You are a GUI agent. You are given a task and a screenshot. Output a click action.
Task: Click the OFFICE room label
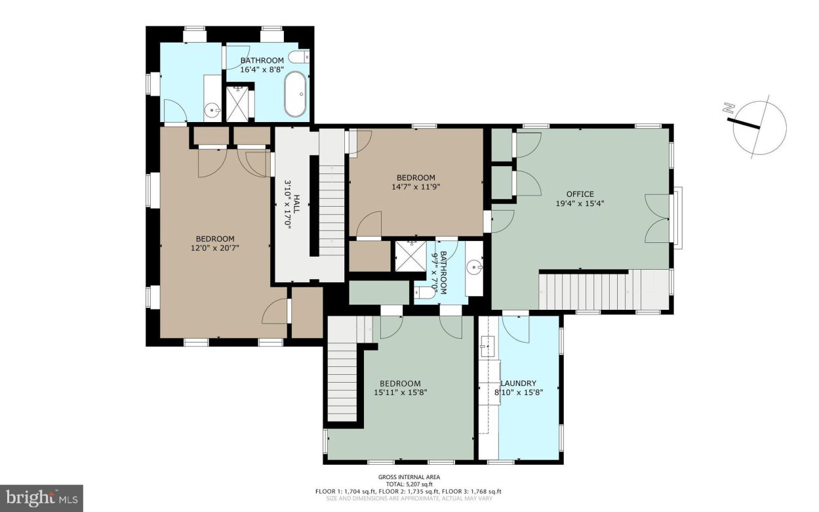coord(580,194)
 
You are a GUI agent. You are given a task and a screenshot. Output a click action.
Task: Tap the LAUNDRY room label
coord(519,383)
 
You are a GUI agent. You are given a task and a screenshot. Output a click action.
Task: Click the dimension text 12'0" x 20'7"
coord(214,248)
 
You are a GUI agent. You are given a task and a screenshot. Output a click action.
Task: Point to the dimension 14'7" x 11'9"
coord(416,186)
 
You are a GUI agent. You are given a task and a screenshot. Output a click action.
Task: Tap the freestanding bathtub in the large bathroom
coord(295,95)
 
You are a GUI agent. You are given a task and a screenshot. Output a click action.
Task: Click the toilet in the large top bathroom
coord(298,58)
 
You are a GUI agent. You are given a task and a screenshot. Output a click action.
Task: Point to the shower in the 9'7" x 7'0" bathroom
coord(409,255)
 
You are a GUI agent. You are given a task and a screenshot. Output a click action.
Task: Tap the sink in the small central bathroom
coord(474,268)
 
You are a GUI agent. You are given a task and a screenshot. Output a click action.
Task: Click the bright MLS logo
coord(41,498)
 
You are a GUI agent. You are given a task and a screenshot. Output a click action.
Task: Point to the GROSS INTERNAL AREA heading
coord(409,477)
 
